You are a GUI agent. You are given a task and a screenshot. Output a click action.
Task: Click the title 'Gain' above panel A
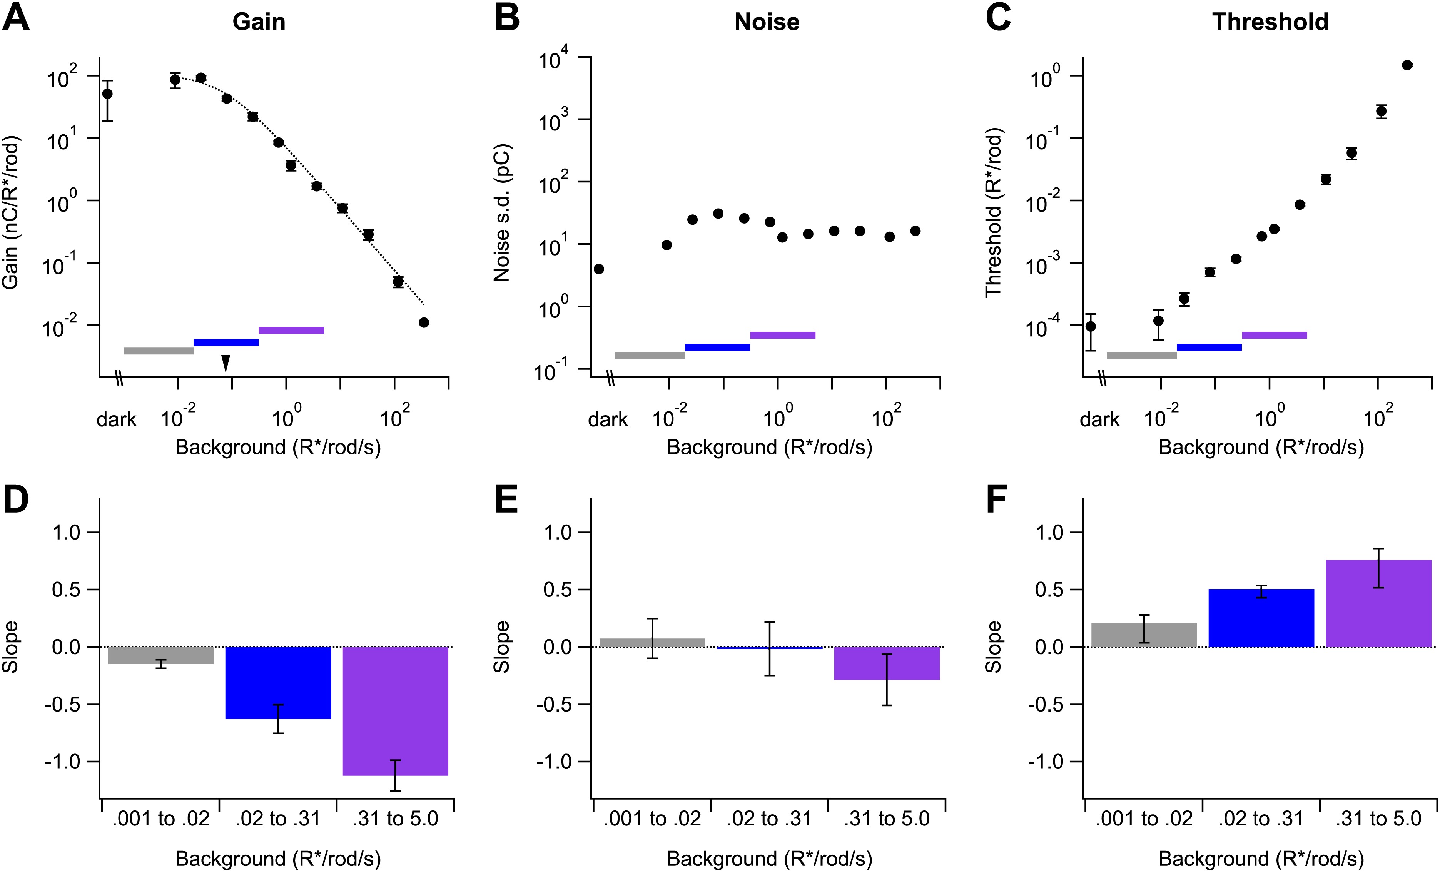pyautogui.click(x=259, y=22)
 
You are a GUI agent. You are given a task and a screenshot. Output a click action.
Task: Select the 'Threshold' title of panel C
pyautogui.click(x=1270, y=22)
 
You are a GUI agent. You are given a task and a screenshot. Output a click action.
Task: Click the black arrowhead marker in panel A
pyautogui.click(x=226, y=363)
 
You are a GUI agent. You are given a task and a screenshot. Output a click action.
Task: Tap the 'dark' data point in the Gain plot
pyautogui.click(x=107, y=94)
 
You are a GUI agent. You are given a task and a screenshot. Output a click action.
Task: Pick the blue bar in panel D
pyautogui.click(x=278, y=683)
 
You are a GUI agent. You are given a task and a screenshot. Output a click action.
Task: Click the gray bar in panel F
pyautogui.click(x=1144, y=635)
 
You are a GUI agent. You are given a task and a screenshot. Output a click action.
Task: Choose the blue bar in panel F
pyautogui.click(x=1261, y=618)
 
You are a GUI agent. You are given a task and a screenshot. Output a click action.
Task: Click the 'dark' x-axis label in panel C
pyautogui.click(x=1099, y=419)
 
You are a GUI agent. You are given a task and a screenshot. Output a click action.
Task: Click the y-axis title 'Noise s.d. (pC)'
pyautogui.click(x=501, y=213)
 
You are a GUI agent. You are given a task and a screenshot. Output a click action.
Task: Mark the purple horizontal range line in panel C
pyautogui.click(x=1274, y=335)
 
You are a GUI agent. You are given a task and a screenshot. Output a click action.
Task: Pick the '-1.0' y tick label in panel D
pyautogui.click(x=63, y=762)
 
